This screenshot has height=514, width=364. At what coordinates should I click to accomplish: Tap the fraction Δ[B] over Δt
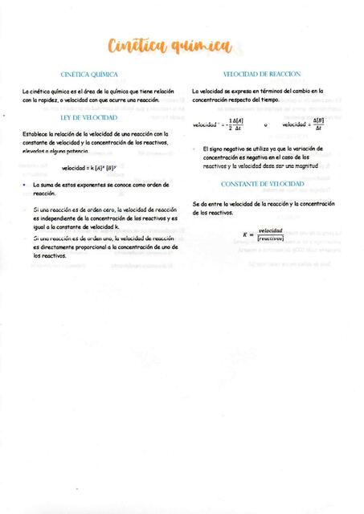tap(318, 124)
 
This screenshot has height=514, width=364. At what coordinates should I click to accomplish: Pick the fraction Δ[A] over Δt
tap(235, 124)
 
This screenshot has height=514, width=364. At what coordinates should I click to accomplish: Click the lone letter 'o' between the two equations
tap(265, 125)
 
